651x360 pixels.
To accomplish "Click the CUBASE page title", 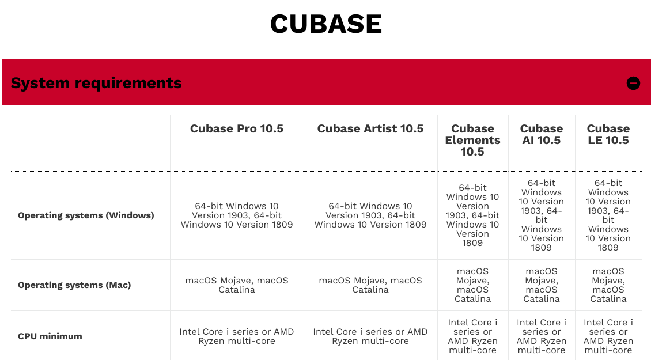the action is pyautogui.click(x=326, y=24).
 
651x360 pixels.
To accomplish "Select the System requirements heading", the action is pyautogui.click(x=96, y=83).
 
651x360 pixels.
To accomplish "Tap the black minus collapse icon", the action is pyautogui.click(x=633, y=83).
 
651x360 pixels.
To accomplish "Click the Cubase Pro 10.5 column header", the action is pyautogui.click(x=237, y=128).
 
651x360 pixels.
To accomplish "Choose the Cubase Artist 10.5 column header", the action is pyautogui.click(x=370, y=128).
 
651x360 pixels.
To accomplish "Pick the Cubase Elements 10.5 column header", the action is pyautogui.click(x=472, y=140).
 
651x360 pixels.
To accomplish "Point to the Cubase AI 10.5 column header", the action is pyautogui.click(x=542, y=134).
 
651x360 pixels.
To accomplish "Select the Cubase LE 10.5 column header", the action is pyautogui.click(x=608, y=134).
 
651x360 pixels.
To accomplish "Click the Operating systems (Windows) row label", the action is pyautogui.click(x=86, y=215).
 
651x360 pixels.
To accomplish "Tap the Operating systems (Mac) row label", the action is pyautogui.click(x=74, y=285).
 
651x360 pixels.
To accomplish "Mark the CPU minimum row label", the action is pyautogui.click(x=50, y=336).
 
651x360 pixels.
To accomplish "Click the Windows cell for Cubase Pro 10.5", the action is pyautogui.click(x=237, y=215).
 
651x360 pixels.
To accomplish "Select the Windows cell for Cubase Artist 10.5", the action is pyautogui.click(x=370, y=215).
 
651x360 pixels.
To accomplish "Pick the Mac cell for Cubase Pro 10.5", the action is pyautogui.click(x=237, y=285).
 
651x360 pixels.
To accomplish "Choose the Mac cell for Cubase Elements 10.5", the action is pyautogui.click(x=472, y=285).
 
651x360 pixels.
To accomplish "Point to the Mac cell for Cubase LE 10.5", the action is pyautogui.click(x=608, y=285).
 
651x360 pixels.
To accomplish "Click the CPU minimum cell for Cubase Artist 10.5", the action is pyautogui.click(x=370, y=336).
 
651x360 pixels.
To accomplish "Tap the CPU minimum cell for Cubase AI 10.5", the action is pyautogui.click(x=542, y=336).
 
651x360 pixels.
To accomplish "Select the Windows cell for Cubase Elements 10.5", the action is pyautogui.click(x=472, y=215).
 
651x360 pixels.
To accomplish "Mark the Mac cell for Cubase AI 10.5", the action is pyautogui.click(x=542, y=285).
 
